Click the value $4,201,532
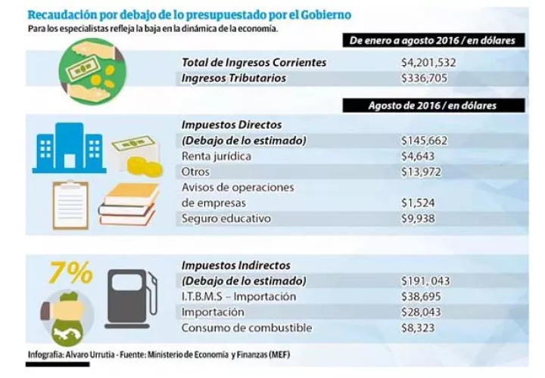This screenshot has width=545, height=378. coord(428,63)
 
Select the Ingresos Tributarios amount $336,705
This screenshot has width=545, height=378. coord(424,78)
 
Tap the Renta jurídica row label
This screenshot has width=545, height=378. coord(216,156)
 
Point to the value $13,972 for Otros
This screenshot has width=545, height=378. coord(421,172)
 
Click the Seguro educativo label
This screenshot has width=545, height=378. coord(226,218)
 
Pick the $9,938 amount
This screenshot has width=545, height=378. coord(418,218)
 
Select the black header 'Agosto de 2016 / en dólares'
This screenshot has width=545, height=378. coord(434,106)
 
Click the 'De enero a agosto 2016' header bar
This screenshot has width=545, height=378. coord(434,40)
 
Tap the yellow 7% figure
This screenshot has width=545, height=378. coord(70,272)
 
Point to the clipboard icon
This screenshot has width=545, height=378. coord(70,205)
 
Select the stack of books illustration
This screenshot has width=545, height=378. coord(128,204)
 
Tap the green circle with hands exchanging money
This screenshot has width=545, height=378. coord(92,71)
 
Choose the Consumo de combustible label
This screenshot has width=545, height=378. coord(247,328)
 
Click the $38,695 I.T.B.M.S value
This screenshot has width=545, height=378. coord(421,297)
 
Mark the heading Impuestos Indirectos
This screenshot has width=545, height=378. coord(236,265)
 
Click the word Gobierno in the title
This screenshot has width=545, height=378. coord(325,15)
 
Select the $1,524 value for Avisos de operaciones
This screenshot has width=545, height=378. coord(418,203)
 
